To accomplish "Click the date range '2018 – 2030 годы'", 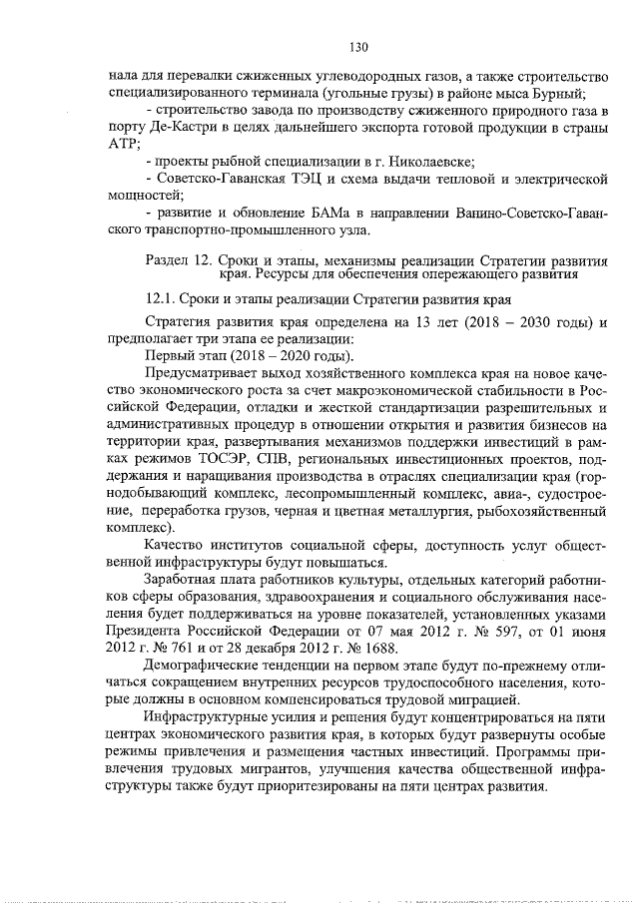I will click(x=529, y=322).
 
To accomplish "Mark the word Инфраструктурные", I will click(x=207, y=719).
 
